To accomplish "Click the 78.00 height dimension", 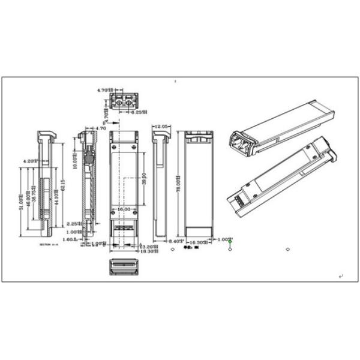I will coord(178,180).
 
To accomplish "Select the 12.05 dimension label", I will coord(161,127).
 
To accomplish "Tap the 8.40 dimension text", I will coord(175,241).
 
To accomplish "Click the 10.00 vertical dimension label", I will coord(74,158).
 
